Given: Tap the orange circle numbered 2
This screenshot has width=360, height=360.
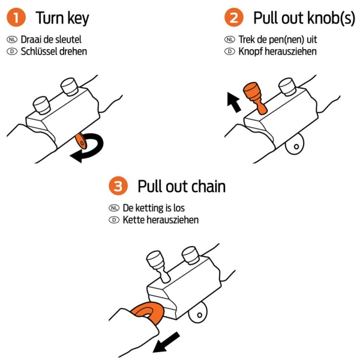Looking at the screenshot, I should tap(234, 18).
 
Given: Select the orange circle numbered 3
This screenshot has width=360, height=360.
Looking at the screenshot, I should tap(118, 187).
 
